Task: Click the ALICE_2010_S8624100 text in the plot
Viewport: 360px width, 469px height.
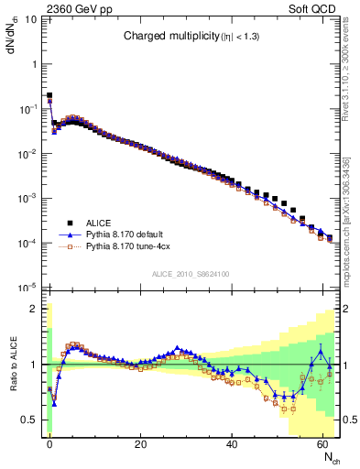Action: click(191, 274)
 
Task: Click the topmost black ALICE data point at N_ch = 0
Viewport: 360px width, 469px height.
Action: click(49, 95)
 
